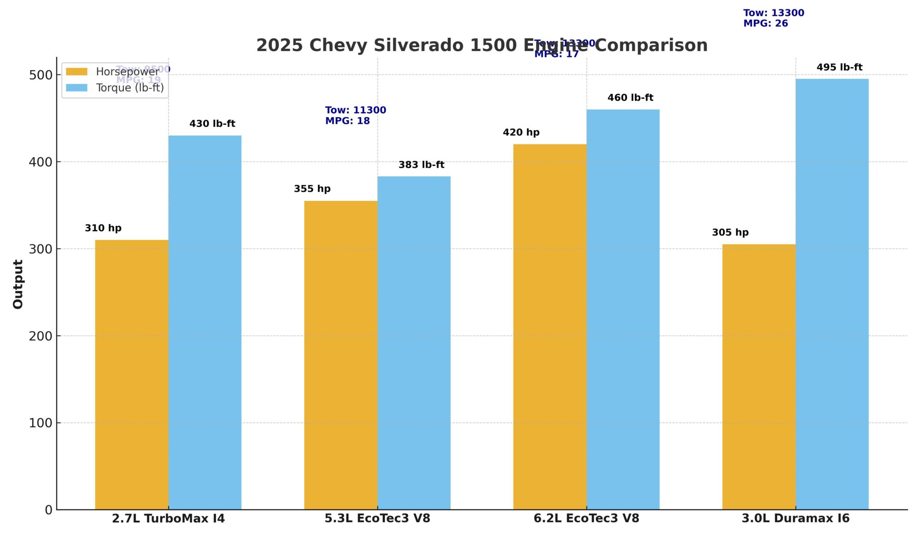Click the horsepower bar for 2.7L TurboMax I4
131,375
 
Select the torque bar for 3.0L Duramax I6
832,294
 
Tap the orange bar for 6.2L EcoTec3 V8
550,327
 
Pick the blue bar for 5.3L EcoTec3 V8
414,343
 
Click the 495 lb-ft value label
839,67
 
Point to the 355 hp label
312,189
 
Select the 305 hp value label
730,232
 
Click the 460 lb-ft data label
630,98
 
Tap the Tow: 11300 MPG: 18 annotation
355,115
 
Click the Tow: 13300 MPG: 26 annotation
774,18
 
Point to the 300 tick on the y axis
40,249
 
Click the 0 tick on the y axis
48,510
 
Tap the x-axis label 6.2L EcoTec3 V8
586,519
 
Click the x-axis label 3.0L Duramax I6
795,519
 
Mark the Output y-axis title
18,284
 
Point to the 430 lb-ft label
212,124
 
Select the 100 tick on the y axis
40,423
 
